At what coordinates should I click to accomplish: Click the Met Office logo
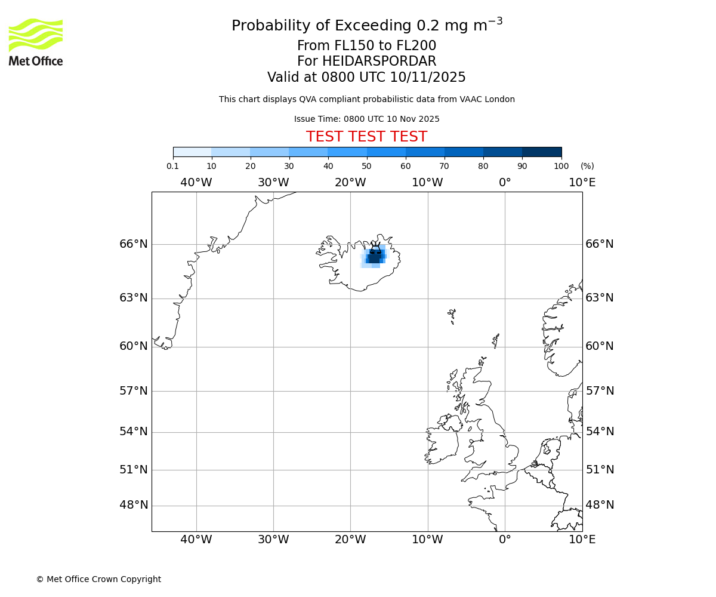[36, 42]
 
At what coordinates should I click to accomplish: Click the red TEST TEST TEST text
[366, 137]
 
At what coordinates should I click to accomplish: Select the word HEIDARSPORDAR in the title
[379, 61]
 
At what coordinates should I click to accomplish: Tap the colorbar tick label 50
[366, 167]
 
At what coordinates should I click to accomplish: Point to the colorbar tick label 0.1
[172, 167]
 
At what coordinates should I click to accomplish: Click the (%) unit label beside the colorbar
[587, 167]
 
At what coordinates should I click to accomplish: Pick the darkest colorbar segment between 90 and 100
[542, 152]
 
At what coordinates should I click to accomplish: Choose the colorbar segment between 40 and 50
[347, 152]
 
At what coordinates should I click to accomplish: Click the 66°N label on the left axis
[134, 244]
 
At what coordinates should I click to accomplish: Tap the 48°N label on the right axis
[600, 505]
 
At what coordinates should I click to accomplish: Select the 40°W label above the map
[196, 183]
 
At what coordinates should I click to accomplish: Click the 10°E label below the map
[582, 540]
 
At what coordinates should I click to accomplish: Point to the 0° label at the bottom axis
[505, 540]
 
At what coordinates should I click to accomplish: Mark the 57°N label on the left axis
[134, 391]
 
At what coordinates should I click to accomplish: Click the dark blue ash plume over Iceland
[375, 257]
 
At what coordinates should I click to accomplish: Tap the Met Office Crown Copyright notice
[98, 579]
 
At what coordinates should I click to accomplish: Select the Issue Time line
[366, 119]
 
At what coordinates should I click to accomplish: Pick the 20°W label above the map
[350, 183]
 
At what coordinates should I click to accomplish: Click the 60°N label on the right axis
[600, 346]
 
